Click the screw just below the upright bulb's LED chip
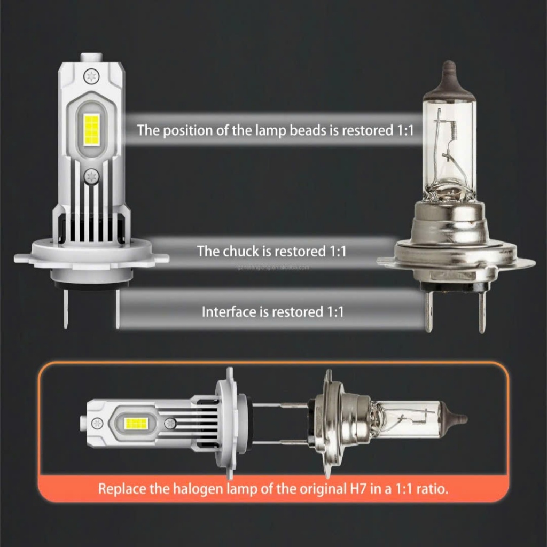coord(91,176)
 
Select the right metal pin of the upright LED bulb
coord(116,308)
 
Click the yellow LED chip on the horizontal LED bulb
coord(135,424)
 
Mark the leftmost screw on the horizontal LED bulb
coord(97,423)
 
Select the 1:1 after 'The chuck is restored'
coord(334,251)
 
